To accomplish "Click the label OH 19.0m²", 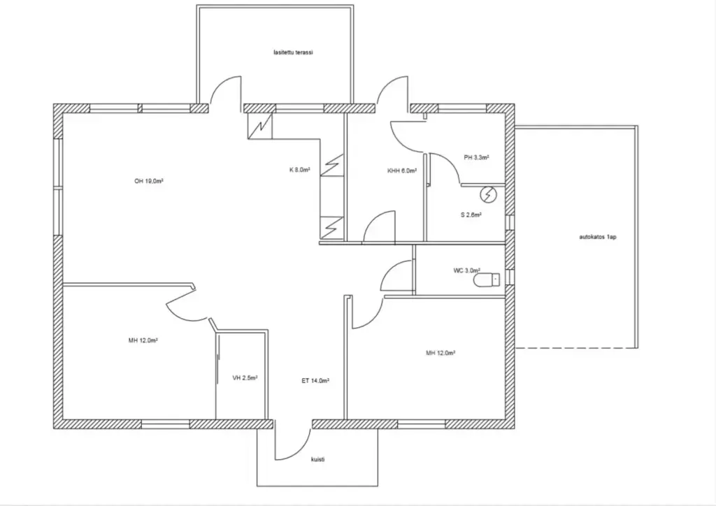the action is pos(149,181).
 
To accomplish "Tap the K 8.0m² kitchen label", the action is pos(299,170).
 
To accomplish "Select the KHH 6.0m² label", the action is pos(402,171).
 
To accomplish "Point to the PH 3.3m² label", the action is pos(476,157).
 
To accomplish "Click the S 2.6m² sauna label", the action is pos(471,215).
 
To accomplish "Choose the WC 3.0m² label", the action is pos(466,270).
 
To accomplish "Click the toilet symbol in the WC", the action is pos(487,280).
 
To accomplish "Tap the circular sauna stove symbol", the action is pos(487,195).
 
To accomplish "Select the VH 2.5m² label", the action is pos(245,378).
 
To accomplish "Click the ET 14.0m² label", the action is pos(315,380).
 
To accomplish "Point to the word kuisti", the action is pos(318,459).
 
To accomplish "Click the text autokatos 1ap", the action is pos(598,237).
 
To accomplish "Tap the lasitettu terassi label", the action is pos(293,52).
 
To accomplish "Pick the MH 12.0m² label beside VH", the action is pos(143,340).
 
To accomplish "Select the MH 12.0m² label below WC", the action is pos(441,353).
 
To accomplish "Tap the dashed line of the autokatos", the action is pos(576,348).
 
